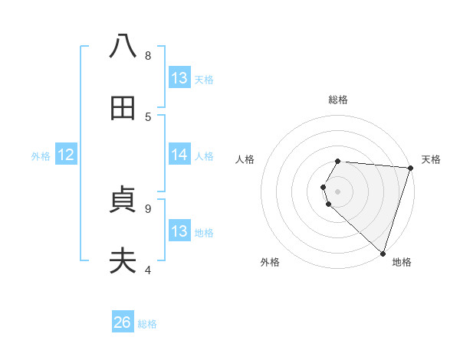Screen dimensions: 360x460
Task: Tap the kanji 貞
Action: [123, 201]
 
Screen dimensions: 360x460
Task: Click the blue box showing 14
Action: [179, 155]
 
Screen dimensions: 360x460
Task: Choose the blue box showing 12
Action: [66, 155]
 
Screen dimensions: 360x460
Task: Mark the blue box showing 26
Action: [123, 322]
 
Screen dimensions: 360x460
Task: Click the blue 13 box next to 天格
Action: [179, 77]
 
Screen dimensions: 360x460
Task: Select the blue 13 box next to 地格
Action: [179, 231]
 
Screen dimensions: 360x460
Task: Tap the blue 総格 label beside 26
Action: [147, 323]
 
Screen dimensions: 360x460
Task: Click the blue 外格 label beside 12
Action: [41, 155]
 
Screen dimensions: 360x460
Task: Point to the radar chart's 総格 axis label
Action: [338, 100]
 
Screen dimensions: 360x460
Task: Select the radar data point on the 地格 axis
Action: [383, 252]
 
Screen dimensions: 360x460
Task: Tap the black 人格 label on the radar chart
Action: [245, 159]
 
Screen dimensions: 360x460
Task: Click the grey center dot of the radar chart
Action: [338, 190]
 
